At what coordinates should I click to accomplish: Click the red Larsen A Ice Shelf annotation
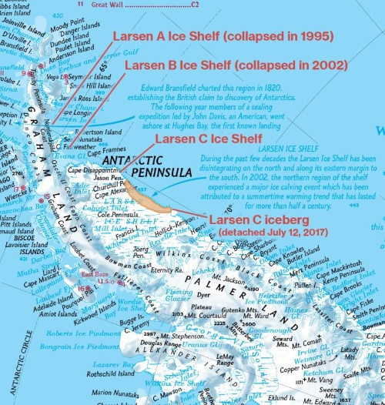coord(223,36)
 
